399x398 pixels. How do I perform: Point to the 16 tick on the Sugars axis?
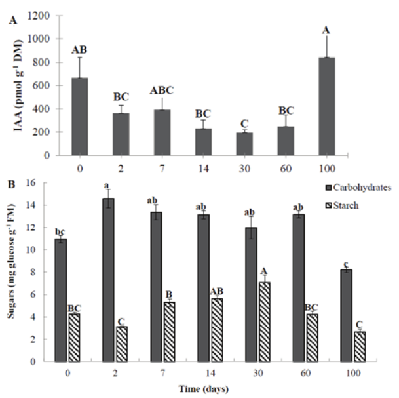coord(41,183)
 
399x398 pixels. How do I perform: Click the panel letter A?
coord(12,21)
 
